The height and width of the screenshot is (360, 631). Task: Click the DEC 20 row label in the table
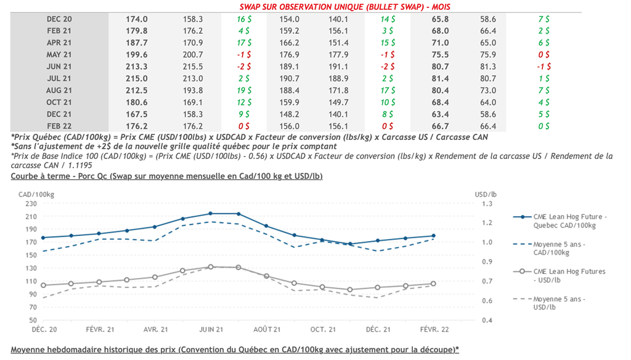pos(59,19)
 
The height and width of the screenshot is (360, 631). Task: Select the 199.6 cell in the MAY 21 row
pos(137,55)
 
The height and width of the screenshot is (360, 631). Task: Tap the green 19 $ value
pos(243,91)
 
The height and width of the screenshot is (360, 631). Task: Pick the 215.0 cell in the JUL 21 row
pos(137,78)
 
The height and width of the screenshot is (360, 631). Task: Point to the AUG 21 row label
pos(59,91)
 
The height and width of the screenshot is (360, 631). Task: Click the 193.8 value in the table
pos(193,91)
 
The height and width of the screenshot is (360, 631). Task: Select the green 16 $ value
pos(243,19)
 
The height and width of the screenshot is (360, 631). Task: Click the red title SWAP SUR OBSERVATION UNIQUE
pos(344,7)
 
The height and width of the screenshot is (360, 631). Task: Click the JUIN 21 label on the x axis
pos(210,330)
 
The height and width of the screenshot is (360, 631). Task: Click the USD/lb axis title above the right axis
pos(486,194)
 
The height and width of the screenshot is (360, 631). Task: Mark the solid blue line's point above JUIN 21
pos(210,214)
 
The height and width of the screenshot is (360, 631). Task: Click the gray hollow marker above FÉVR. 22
pos(434,284)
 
